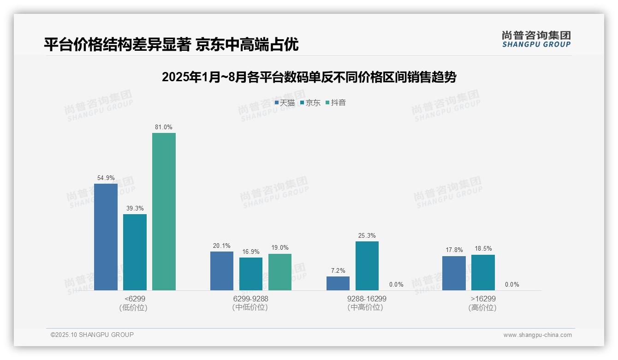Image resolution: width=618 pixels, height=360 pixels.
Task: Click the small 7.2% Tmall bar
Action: pos(338,283)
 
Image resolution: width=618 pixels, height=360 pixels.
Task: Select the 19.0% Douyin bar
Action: pos(280,272)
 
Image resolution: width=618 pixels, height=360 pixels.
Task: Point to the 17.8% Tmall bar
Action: pos(454,273)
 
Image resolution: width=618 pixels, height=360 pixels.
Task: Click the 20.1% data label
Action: pos(222,246)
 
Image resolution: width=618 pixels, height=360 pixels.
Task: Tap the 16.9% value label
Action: pos(251,252)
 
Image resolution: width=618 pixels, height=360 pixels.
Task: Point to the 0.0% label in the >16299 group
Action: pos(512,284)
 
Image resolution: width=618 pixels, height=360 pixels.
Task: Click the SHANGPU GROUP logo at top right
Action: pos(536,39)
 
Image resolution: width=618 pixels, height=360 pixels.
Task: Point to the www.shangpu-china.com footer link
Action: pos(537,335)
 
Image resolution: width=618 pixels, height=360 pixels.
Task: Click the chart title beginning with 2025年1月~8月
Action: pos(309,77)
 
